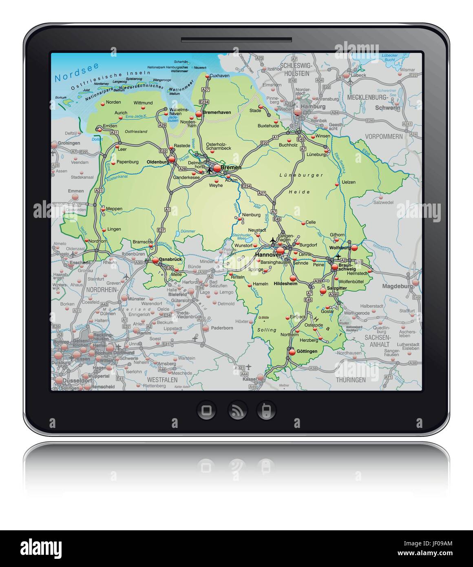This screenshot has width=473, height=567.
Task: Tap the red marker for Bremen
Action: [x=217, y=168]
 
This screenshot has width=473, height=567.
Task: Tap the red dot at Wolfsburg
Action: [x=354, y=248]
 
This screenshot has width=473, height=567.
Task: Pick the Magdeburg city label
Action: [x=398, y=286]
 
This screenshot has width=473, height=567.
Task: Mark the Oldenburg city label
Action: [x=157, y=162]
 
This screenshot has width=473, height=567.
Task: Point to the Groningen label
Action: [x=69, y=144]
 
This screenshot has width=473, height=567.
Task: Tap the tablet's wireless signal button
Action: [x=236, y=410]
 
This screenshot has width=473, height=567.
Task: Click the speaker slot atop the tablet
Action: [x=236, y=40]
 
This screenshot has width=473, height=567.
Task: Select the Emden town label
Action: [x=110, y=126]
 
